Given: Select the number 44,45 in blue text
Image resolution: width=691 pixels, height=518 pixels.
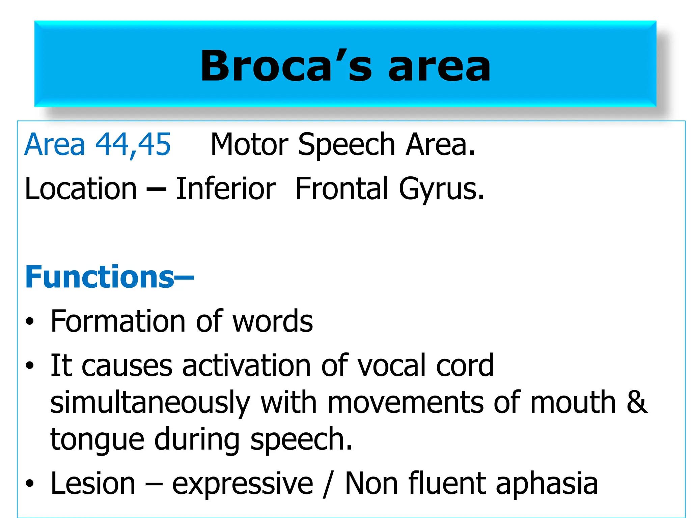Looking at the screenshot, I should point(133,144).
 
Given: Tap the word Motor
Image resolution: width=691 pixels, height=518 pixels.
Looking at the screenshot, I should point(249,144).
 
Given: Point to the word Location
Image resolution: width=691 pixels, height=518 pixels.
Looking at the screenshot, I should point(81,189).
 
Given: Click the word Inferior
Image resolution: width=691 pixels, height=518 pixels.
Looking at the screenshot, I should point(226,189).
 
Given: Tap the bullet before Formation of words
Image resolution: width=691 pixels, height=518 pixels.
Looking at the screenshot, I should point(30,321).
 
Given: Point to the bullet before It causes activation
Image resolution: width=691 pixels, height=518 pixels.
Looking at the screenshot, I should point(30,365).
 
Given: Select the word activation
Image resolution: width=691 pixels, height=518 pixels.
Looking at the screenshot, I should point(247,366).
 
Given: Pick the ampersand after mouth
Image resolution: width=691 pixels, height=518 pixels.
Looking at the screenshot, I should point(637,402).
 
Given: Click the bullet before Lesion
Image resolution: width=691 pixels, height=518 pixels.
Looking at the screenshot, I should point(30,484).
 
